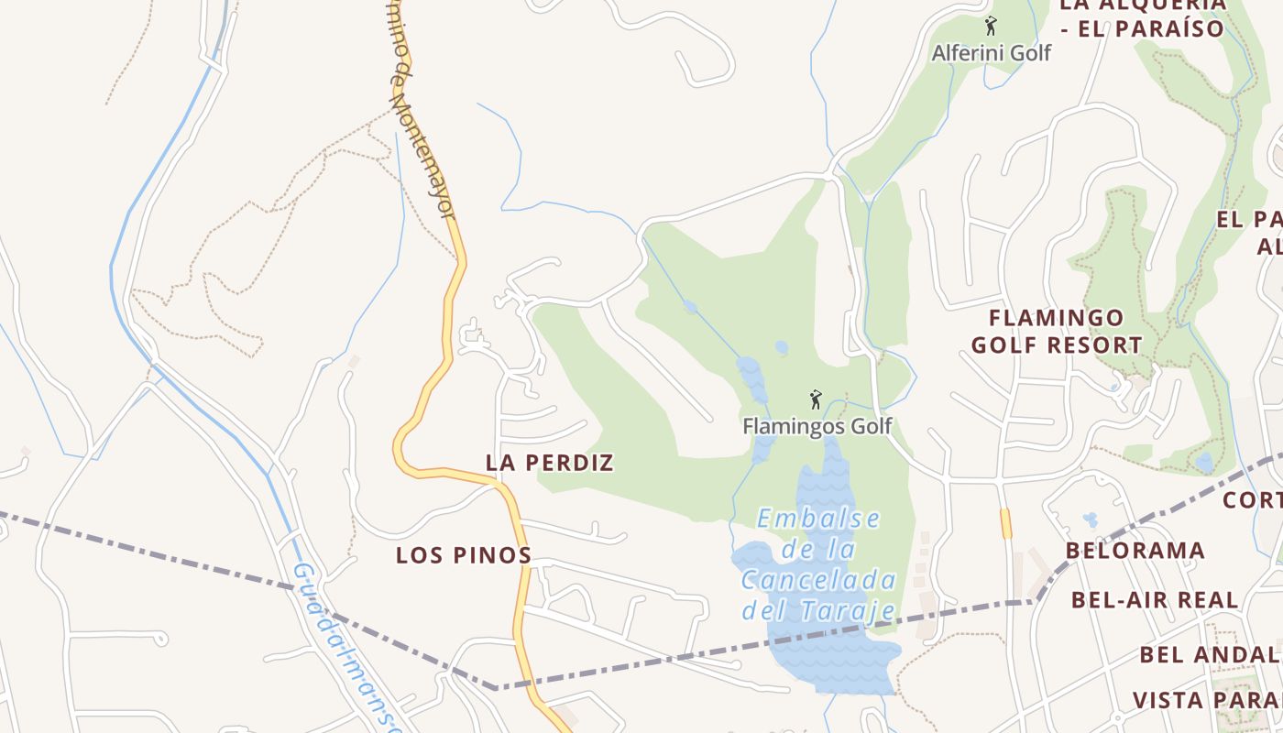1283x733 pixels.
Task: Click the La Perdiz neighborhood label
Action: [x=549, y=463]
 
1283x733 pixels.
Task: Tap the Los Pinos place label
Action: [x=464, y=555]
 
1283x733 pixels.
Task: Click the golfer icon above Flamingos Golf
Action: [x=816, y=399]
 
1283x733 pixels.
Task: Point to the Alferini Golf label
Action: [x=992, y=53]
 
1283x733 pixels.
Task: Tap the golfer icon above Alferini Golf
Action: [x=990, y=26]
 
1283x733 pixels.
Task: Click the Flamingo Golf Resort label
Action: [x=1057, y=332]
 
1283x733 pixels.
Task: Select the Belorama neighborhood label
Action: [x=1135, y=551]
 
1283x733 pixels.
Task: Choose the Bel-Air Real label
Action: [x=1155, y=601]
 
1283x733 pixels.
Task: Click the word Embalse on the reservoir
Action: [x=818, y=519]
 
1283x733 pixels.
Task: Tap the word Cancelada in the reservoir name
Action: [x=818, y=580]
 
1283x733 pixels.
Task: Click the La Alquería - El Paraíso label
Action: [x=1142, y=16]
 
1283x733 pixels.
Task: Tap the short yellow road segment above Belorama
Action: [x=1005, y=523]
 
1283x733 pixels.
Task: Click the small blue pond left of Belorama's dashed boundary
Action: [x=1090, y=520]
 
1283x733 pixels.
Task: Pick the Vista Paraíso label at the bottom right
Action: [x=1207, y=701]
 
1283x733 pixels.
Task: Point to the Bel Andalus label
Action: [x=1210, y=655]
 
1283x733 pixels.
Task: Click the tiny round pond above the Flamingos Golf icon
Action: [x=781, y=347]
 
